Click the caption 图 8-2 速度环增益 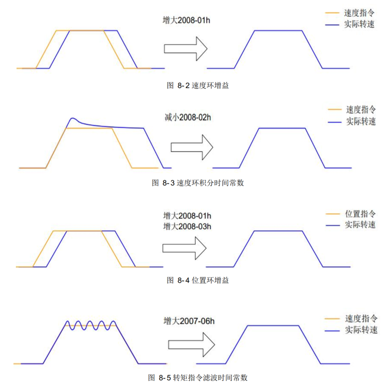click(x=199, y=85)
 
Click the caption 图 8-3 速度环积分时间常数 click(x=198, y=183)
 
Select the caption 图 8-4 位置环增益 click(x=197, y=280)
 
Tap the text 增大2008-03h click(x=187, y=226)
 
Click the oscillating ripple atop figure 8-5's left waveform click(x=90, y=325)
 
